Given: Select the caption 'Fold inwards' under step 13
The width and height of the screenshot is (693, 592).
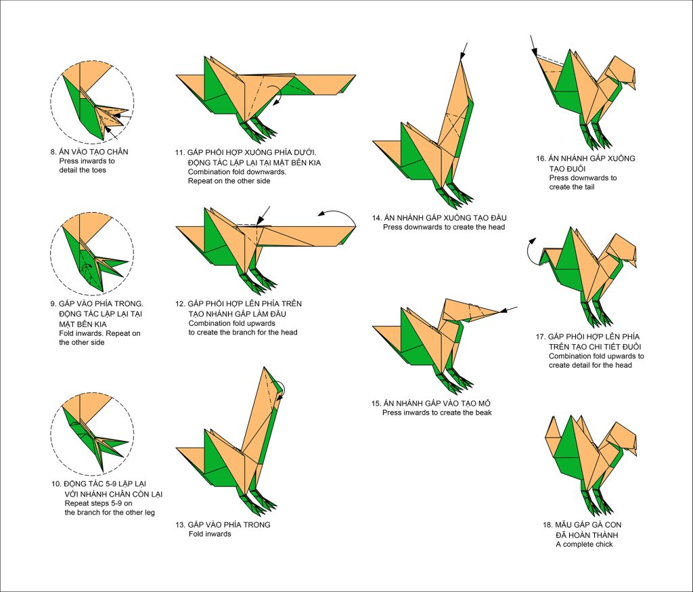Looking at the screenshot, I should coord(210,534).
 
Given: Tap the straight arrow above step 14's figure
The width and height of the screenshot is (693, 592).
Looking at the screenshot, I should coord(464,49).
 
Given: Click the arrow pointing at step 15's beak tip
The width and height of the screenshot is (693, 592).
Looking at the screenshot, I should coord(511,310).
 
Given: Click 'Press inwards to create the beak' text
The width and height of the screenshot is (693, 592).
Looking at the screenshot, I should coord(437,413).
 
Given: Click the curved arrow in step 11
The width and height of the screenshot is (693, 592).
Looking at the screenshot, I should coord(276,97).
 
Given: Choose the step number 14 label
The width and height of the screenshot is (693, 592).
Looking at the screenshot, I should coord(376,218).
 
